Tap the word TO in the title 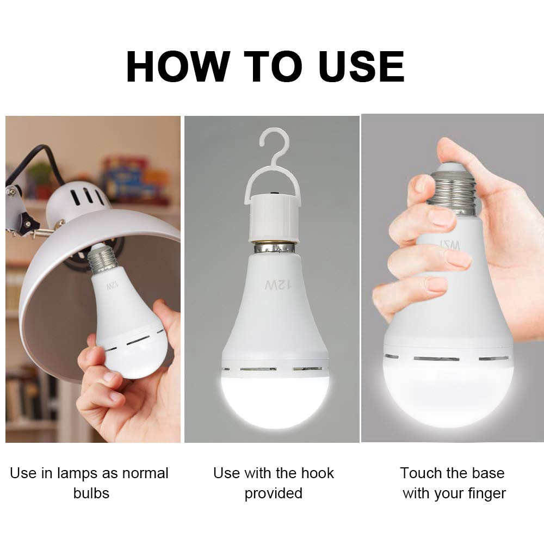coord(268,67)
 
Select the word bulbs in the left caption coord(91,493)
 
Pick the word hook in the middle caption coord(317,473)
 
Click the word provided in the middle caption coord(273,493)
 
